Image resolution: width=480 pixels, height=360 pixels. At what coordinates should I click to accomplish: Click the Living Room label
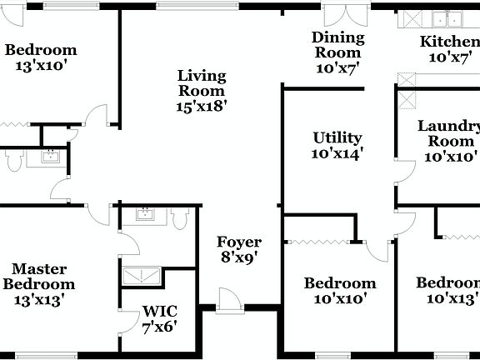pyautogui.click(x=202, y=83)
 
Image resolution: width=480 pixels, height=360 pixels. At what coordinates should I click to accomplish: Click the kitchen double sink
pyautogui.click(x=446, y=18)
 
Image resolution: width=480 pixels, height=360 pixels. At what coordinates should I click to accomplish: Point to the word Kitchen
pyautogui.click(x=449, y=42)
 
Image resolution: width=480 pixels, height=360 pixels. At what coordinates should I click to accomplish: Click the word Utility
pyautogui.click(x=337, y=137)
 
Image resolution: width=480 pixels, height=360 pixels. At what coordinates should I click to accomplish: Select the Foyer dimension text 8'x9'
pyautogui.click(x=239, y=257)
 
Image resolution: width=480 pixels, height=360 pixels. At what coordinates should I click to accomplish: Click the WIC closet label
pyautogui.click(x=159, y=312)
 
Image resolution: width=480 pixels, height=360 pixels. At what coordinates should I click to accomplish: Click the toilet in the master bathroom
pyautogui.click(x=177, y=217)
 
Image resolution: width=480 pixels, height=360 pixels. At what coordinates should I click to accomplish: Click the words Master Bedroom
pyautogui.click(x=39, y=276)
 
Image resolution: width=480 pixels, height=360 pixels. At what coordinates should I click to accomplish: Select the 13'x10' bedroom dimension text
pyautogui.click(x=41, y=65)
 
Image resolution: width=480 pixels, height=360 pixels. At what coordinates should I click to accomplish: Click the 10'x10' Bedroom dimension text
pyautogui.click(x=339, y=298)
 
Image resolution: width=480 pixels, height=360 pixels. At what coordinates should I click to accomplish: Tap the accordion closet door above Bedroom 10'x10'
pyautogui.click(x=320, y=242)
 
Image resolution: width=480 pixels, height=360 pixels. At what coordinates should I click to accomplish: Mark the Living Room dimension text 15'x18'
pyautogui.click(x=202, y=106)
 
